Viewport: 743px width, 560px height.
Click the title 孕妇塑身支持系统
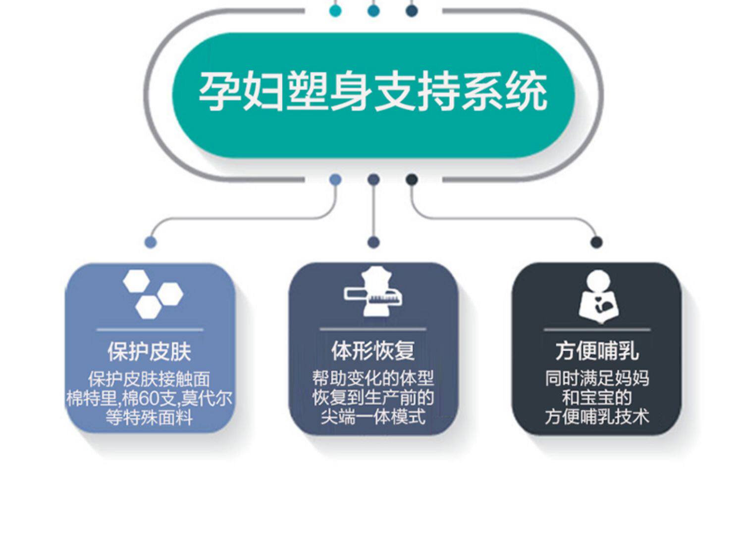tap(373, 92)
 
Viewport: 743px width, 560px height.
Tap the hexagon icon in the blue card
tap(152, 294)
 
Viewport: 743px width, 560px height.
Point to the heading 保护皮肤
tap(149, 352)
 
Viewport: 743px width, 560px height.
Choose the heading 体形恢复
tap(373, 351)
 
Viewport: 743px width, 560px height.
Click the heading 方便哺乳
tap(597, 351)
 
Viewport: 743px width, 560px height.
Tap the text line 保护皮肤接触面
tap(149, 379)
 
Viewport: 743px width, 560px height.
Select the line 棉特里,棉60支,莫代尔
tap(149, 398)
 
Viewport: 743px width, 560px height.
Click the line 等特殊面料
tap(149, 418)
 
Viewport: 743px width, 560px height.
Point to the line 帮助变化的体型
tap(373, 378)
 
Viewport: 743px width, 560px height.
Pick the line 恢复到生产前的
tap(373, 398)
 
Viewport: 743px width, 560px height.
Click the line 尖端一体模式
tap(373, 417)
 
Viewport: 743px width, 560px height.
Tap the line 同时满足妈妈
tap(597, 378)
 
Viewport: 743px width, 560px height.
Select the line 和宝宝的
tap(597, 398)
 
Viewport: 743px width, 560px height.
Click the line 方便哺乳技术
tap(597, 417)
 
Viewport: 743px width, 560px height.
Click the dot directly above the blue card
tap(151, 242)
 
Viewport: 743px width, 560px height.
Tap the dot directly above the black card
tap(597, 242)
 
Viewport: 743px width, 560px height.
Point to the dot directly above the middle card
tap(374, 242)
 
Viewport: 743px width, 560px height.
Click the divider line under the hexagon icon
tap(150, 329)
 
